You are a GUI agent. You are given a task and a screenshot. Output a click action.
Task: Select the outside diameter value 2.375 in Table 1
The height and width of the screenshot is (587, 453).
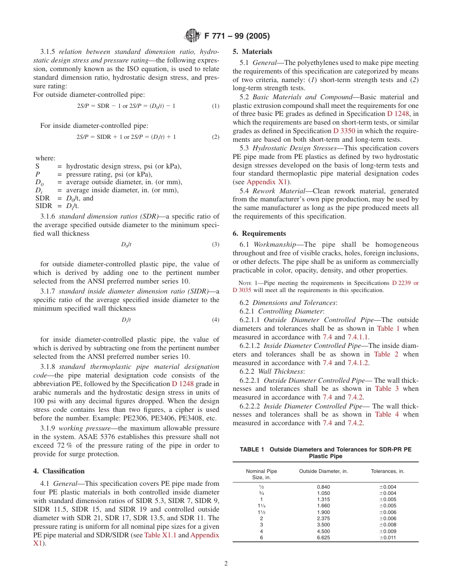pos(323,518)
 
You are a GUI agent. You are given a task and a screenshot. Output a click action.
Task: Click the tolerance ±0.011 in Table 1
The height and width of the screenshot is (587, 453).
pos(388,537)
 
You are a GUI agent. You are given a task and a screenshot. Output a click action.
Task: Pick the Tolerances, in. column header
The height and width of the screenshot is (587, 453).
pos(387,471)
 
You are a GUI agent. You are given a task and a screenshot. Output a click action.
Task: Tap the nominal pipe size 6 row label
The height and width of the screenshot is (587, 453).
pos(261,537)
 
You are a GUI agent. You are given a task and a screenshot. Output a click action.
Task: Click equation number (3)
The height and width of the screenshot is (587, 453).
pos(216,244)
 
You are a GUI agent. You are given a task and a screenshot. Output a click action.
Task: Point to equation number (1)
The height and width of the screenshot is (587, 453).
pos(216,105)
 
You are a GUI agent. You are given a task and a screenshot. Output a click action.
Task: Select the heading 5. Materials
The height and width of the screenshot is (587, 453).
pos(252,52)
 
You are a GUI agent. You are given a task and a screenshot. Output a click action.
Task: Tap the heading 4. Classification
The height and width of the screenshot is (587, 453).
pos(59,471)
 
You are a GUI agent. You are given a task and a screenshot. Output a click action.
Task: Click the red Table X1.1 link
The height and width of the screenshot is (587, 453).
pos(160,535)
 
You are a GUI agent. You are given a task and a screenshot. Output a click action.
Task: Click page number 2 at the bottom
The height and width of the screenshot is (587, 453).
pos(226,563)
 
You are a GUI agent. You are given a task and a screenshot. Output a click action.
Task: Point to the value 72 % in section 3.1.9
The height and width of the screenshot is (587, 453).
pos(63,445)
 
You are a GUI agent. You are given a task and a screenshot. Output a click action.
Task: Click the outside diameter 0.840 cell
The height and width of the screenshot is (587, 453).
pos(323,487)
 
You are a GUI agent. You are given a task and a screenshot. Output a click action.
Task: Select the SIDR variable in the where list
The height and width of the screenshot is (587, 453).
pos(43,206)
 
